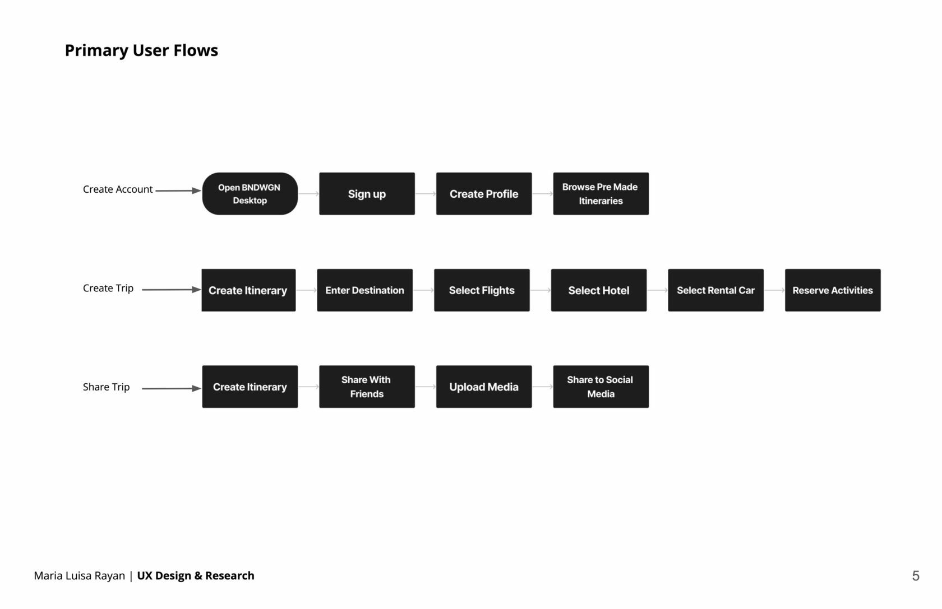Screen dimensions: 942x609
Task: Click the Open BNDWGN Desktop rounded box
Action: click(x=250, y=194)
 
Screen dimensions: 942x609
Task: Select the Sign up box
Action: click(x=367, y=194)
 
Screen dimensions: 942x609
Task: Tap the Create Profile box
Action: click(x=483, y=194)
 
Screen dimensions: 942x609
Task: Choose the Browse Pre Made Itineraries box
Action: click(x=601, y=194)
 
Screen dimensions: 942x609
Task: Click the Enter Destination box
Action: click(x=364, y=290)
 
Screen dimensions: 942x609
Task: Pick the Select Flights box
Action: click(x=482, y=290)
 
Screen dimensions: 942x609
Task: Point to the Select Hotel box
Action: click(x=598, y=290)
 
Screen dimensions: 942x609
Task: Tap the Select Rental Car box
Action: click(x=715, y=290)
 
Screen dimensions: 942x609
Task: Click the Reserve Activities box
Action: click(x=833, y=290)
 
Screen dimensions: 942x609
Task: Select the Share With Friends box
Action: click(x=367, y=387)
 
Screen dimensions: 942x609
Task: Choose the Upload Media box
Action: click(x=483, y=387)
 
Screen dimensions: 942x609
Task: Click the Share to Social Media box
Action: click(x=601, y=387)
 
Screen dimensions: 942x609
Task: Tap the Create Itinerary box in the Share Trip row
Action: click(x=250, y=387)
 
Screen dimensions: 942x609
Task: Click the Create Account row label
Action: click(x=118, y=189)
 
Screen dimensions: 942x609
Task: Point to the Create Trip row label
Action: click(x=108, y=289)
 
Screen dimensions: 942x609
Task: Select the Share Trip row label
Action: click(x=106, y=387)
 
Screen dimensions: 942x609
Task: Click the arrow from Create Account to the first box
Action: click(x=178, y=191)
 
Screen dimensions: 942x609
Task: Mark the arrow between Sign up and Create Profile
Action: click(x=426, y=194)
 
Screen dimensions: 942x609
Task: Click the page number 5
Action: click(x=916, y=576)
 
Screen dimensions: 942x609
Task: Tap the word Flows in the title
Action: click(x=196, y=50)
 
